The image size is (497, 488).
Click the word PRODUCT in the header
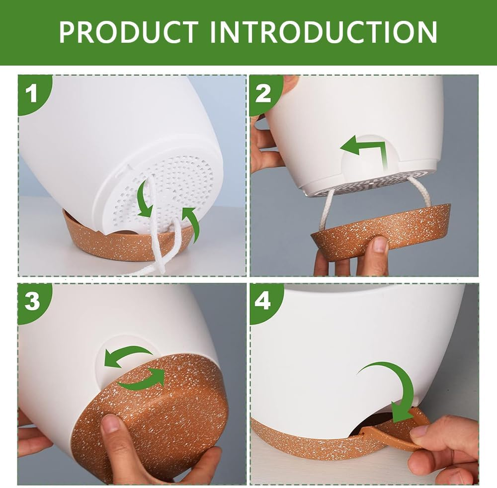coord(129,32)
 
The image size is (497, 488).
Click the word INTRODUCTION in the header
coord(324,32)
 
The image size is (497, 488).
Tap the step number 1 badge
coord(33,94)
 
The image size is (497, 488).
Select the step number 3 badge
coord(32,301)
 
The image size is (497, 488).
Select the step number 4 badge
coord(263,301)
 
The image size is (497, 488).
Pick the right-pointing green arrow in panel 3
coord(143,380)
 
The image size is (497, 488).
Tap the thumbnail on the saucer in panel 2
coord(380,245)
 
